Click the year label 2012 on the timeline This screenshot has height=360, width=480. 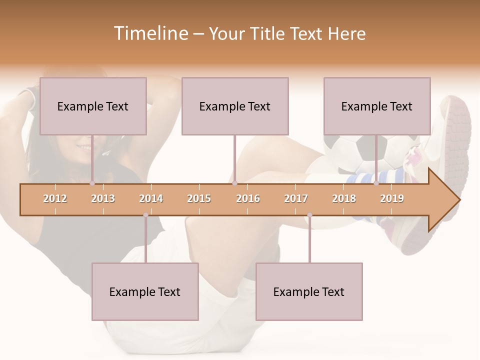pos(55,198)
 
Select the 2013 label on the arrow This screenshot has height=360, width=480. pos(103,198)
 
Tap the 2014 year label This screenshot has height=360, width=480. pos(151,198)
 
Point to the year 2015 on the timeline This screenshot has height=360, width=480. pos(199,198)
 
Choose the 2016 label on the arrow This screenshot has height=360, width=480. pos(248,198)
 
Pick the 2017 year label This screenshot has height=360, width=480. pos(296,198)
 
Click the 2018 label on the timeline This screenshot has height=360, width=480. pos(344,198)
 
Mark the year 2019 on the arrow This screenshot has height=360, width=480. pos(392,198)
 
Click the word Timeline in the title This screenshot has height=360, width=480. pos(150,33)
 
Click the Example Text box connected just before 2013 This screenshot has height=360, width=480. pos(93,106)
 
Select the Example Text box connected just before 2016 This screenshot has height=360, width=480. pos(235,106)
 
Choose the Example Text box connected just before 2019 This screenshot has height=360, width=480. pos(377,106)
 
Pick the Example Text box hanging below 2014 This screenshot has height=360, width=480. pos(145,291)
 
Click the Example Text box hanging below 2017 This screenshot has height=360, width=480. pos(309,291)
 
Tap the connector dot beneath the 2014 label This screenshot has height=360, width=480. pos(145,215)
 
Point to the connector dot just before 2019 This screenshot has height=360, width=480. pos(376,183)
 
